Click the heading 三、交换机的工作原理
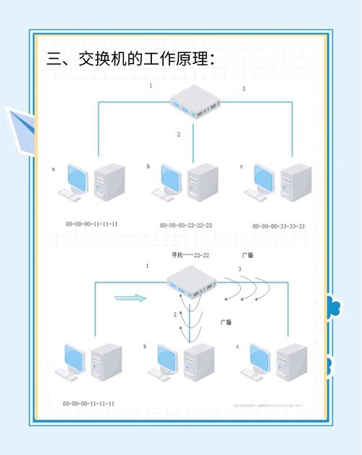pos(130,59)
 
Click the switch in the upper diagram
pos(194,102)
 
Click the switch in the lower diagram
pos(191,282)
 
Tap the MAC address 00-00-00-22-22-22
pos(186,225)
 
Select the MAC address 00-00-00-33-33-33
pos(279,226)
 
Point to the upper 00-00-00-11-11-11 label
pos(92,224)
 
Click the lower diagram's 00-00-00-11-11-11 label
pos(89,404)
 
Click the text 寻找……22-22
pos(190,255)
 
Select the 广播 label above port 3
pos(248,255)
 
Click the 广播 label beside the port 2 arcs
pos(226,321)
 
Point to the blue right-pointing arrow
pos(130,298)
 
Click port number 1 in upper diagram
pos(151,85)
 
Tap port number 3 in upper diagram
pos(243,88)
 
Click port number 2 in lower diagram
pos(175,314)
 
